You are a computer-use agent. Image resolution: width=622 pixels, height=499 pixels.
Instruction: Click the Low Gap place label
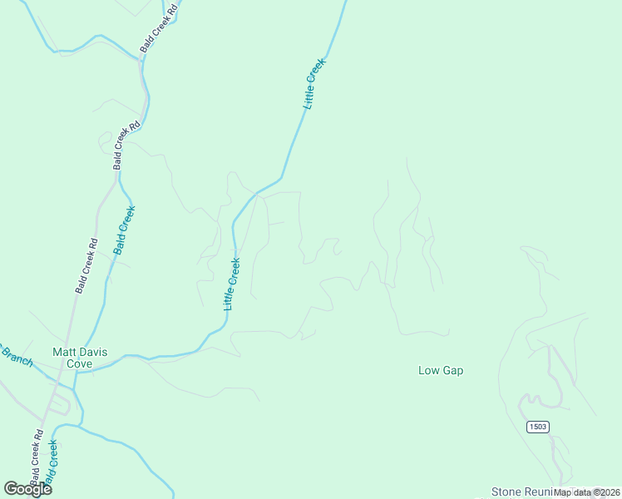coord(440,370)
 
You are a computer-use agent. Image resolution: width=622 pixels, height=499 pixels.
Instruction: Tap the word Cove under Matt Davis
coord(79,363)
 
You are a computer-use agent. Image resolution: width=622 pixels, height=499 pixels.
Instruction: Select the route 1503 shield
coord(538,427)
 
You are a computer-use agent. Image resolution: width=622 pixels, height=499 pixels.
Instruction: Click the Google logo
coord(27,489)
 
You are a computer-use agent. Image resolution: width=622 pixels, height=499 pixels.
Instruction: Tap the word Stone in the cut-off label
coord(506,492)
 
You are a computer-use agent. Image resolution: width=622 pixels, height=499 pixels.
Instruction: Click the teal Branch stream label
coord(17,356)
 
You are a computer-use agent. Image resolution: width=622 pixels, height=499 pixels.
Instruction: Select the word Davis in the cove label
coord(93,352)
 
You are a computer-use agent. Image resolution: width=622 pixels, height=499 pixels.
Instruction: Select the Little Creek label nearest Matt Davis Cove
coord(231,284)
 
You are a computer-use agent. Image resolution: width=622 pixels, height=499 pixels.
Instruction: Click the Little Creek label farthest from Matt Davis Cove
coord(313,83)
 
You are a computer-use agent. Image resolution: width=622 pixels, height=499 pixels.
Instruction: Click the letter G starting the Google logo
coord(11,488)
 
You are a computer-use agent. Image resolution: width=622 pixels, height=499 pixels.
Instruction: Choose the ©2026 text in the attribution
coord(605,492)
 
